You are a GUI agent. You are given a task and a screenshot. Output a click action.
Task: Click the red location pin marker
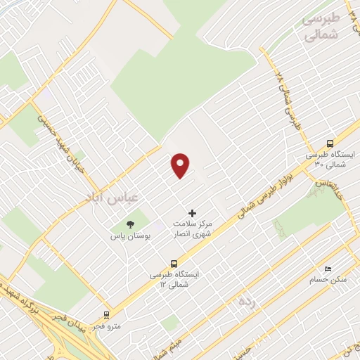pos(181,165)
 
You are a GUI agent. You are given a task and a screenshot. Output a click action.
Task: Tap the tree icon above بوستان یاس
pos(130,224)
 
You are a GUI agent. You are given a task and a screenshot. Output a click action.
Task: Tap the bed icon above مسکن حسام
pos(327,269)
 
